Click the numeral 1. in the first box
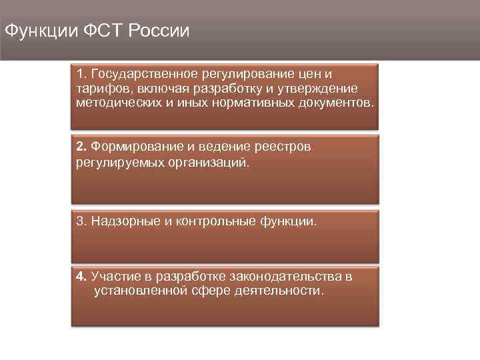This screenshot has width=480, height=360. coord(81,74)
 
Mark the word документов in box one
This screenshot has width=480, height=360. coord(337,103)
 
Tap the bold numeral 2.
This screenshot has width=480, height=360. coord(81,146)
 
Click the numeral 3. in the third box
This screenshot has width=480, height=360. coord(81,221)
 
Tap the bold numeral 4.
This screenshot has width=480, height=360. coord(81,277)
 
